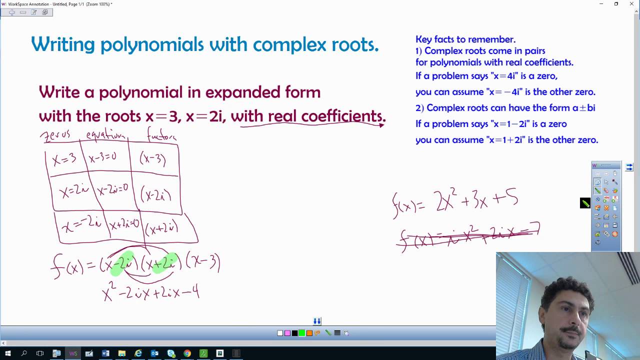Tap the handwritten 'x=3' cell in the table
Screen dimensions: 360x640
[x=64, y=158]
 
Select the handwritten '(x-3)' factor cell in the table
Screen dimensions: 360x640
[x=153, y=158]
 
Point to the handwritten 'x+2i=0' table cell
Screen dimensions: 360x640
[x=124, y=224]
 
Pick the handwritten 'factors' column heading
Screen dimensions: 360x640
[x=161, y=134]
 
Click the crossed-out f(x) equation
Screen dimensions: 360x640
[x=467, y=236]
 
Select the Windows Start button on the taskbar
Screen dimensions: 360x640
[x=7, y=353]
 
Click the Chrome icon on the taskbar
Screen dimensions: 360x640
[x=187, y=353]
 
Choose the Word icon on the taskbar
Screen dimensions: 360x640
[x=105, y=353]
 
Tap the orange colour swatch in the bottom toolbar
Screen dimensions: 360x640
[x=309, y=333]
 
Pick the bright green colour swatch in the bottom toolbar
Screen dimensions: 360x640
[x=302, y=333]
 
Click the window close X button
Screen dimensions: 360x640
[x=631, y=4]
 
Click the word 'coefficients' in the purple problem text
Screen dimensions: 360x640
[x=326, y=116]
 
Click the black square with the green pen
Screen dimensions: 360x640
[x=585, y=203]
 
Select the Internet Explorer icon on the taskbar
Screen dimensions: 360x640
[x=138, y=353]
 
